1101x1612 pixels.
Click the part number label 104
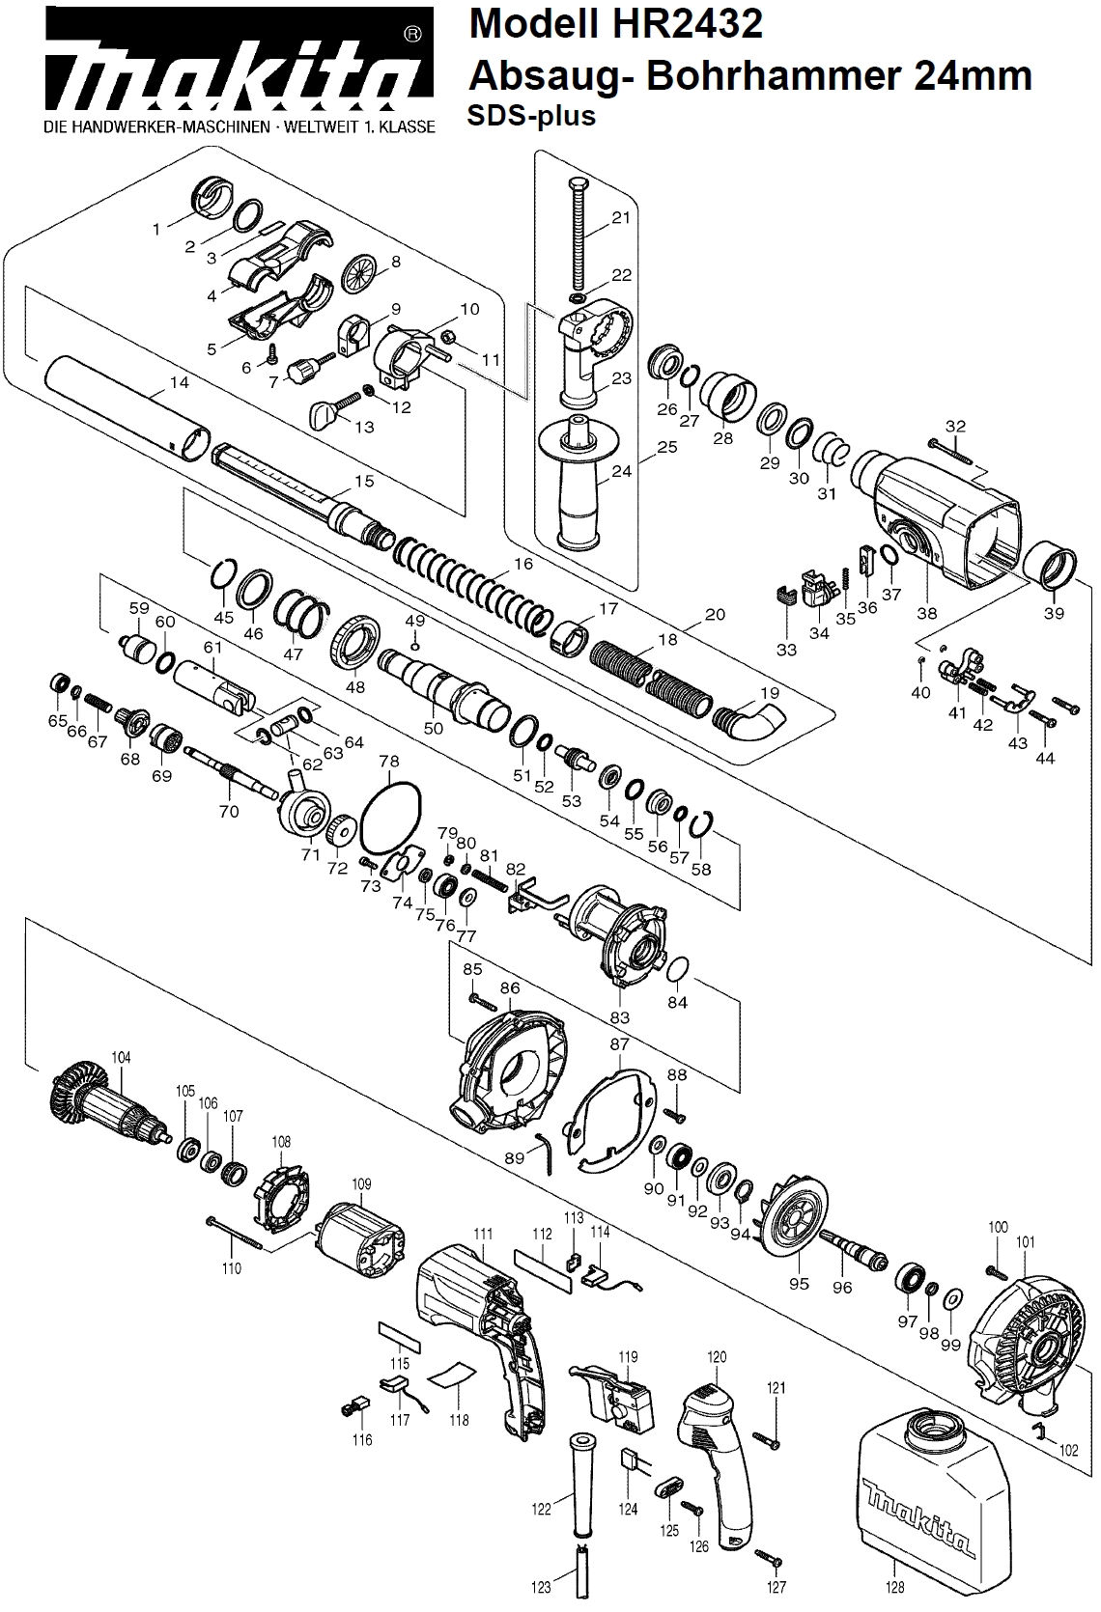tap(120, 1057)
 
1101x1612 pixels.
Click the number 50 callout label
tap(434, 728)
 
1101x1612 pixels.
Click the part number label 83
tap(619, 1016)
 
